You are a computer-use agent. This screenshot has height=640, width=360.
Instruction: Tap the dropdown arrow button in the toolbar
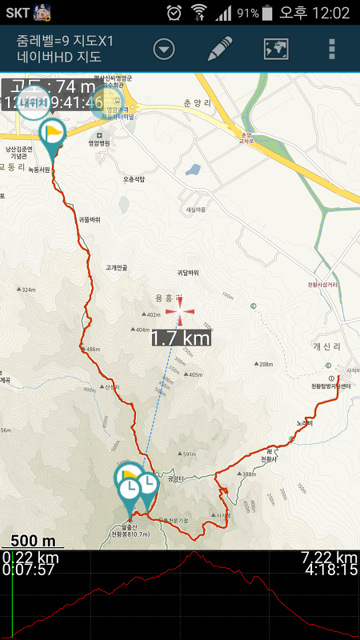(x=164, y=50)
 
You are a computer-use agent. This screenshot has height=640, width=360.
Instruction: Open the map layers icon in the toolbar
(x=276, y=49)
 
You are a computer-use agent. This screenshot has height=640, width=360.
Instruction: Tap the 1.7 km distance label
(x=181, y=338)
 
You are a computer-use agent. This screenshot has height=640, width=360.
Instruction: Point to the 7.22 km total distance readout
(x=328, y=558)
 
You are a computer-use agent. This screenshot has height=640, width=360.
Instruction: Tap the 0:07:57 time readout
(x=29, y=570)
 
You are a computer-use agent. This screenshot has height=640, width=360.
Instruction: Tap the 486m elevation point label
(x=91, y=350)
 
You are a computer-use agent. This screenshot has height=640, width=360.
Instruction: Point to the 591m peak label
(x=187, y=454)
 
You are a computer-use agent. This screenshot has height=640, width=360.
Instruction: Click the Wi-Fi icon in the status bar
(x=198, y=13)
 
